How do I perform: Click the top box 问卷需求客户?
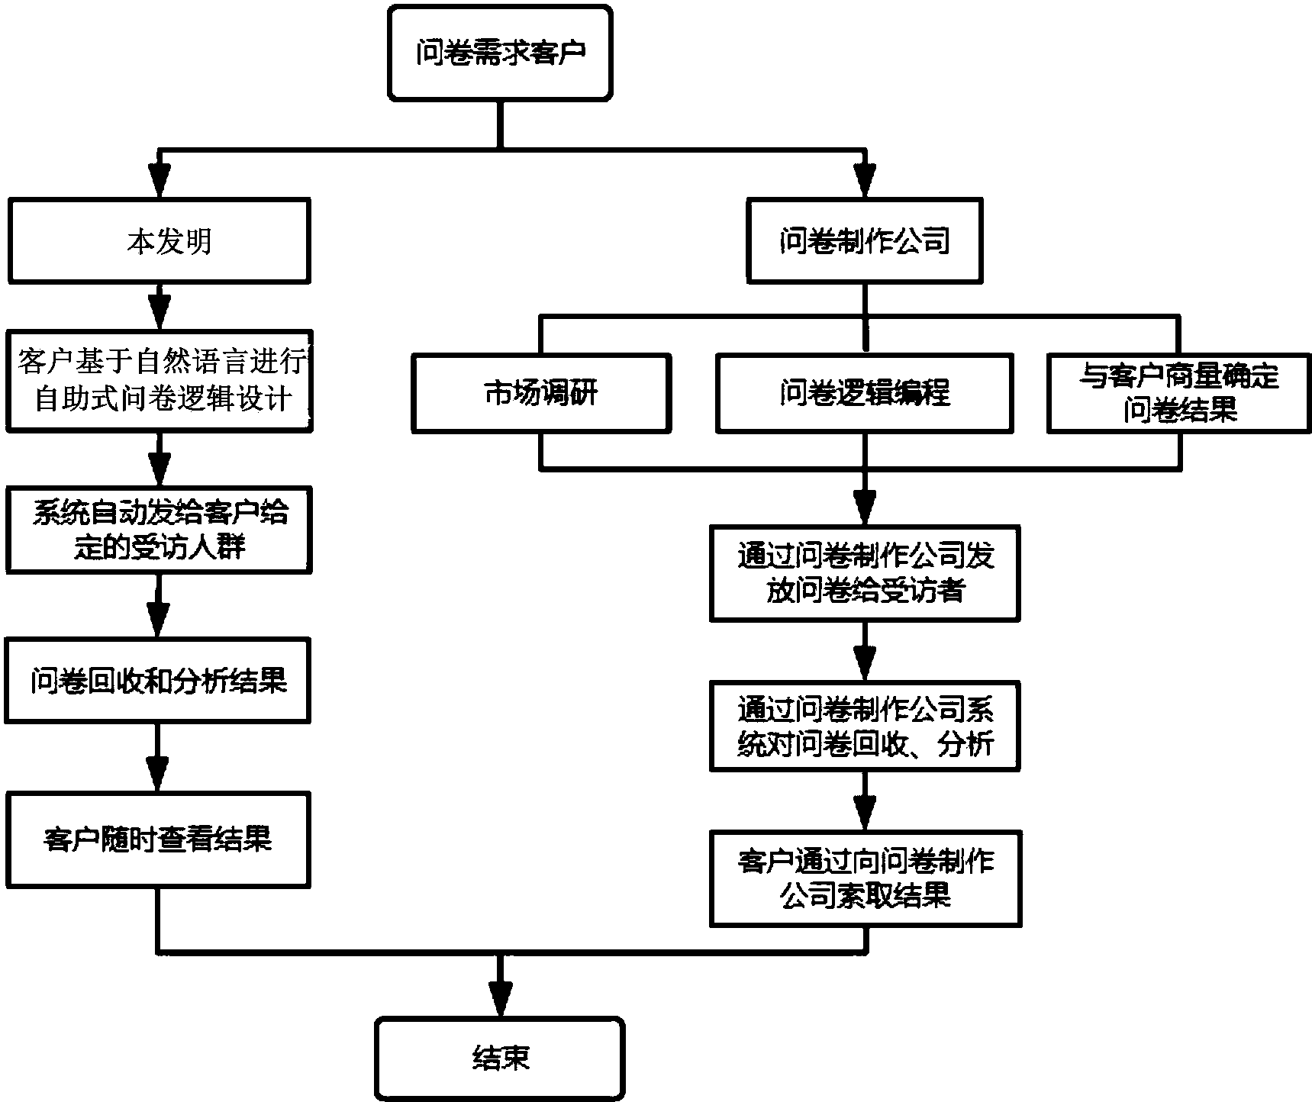500,53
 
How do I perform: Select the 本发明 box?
159,241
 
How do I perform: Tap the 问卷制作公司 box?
864,241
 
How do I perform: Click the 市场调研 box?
541,394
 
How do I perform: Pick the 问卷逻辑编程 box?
864,394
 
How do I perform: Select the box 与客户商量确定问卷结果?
1178,394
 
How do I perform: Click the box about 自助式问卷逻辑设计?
159,381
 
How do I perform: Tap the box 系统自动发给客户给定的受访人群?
159,530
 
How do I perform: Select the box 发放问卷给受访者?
865,573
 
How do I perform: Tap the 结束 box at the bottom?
500,1058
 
